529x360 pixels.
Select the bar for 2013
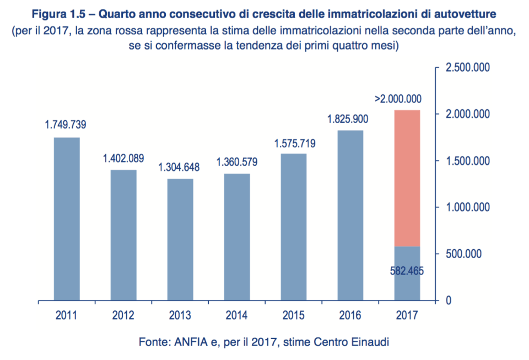click(x=180, y=240)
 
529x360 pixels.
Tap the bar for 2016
click(x=350, y=215)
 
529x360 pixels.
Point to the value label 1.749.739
click(x=66, y=125)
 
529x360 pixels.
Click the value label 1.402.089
click(x=123, y=158)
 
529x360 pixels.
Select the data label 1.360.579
click(x=236, y=162)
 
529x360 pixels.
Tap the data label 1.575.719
click(x=294, y=143)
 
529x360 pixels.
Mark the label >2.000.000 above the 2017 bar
click(x=398, y=99)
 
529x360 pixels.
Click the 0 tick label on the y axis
click(x=449, y=300)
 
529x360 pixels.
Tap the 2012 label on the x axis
click(x=123, y=316)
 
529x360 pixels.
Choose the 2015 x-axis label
click(x=293, y=316)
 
